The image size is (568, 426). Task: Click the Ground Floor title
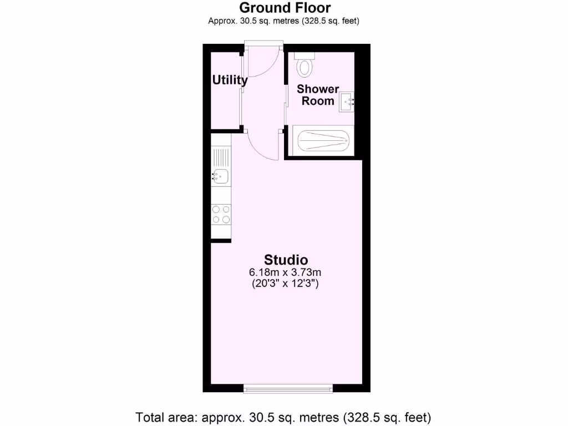click(x=285, y=8)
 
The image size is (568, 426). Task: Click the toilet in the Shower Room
click(x=305, y=68)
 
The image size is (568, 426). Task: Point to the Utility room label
click(x=230, y=80)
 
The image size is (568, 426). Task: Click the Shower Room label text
click(x=318, y=95)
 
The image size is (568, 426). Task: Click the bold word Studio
click(x=286, y=260)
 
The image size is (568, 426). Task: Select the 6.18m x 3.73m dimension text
click(x=286, y=272)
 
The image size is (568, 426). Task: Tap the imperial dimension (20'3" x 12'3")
click(x=286, y=283)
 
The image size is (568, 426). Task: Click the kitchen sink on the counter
click(x=220, y=177)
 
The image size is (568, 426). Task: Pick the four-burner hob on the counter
click(x=221, y=214)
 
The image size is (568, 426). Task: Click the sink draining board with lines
click(x=221, y=155)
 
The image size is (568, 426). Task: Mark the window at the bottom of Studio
click(x=288, y=388)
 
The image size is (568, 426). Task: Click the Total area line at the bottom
click(x=283, y=417)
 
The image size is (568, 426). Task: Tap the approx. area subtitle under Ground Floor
click(x=284, y=22)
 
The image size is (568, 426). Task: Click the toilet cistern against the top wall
click(x=305, y=55)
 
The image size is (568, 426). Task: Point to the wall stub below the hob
click(x=221, y=240)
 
